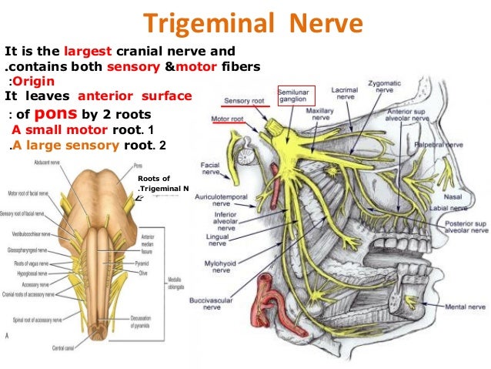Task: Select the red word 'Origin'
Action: pos(32,82)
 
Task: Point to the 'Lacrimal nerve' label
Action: pos(344,95)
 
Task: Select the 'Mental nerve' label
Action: pos(465,306)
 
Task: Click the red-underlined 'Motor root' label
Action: pos(229,119)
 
